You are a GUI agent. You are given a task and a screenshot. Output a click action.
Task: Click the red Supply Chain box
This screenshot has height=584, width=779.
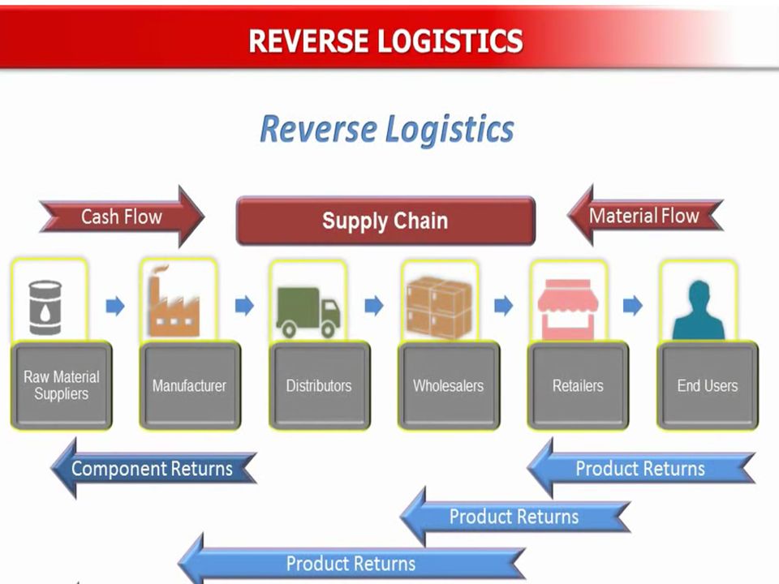click(385, 221)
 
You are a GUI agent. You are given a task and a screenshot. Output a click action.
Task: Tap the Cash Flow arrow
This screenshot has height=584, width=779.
click(122, 217)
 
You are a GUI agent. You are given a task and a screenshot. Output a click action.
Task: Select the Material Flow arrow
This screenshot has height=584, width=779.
click(645, 216)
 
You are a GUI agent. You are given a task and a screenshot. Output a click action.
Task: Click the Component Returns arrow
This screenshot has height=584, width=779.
click(153, 468)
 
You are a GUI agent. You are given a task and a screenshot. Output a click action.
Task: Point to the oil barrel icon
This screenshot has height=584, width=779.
click(45, 307)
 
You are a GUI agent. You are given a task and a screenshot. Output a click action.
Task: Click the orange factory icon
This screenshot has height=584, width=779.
click(174, 302)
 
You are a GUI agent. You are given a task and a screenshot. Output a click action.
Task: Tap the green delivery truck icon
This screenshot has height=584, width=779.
click(308, 311)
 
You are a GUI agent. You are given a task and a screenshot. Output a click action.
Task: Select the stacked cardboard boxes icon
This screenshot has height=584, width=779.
click(439, 307)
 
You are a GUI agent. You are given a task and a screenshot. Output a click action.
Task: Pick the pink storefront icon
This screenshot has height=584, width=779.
click(568, 309)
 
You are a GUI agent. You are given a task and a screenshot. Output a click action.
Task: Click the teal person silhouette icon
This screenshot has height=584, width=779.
click(699, 311)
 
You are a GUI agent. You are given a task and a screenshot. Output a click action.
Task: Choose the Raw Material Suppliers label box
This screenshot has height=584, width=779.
click(62, 385)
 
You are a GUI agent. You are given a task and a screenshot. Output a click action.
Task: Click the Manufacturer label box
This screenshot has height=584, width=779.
click(190, 385)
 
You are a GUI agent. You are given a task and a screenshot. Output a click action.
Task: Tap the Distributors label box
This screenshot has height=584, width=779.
click(320, 385)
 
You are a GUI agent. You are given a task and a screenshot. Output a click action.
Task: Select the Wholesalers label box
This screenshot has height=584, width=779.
click(449, 385)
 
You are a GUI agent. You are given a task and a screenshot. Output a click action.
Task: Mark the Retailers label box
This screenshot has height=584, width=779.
click(578, 385)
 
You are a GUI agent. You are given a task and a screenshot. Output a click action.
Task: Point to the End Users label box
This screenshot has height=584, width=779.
click(708, 385)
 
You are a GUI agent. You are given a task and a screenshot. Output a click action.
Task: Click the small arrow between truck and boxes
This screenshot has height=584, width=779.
click(374, 306)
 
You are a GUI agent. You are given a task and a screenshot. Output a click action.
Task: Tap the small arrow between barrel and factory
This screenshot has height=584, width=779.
click(115, 306)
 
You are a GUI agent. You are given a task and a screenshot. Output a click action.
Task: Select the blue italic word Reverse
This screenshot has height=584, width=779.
click(318, 129)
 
